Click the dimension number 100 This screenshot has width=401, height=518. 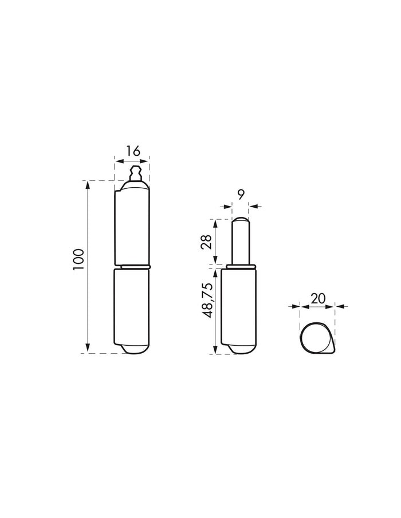coord(79,260)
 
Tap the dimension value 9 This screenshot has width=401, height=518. coord(241,195)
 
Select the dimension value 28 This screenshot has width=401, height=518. coord(206,243)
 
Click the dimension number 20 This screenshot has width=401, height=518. coord(318,298)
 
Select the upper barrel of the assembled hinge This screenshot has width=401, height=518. coord(132,224)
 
